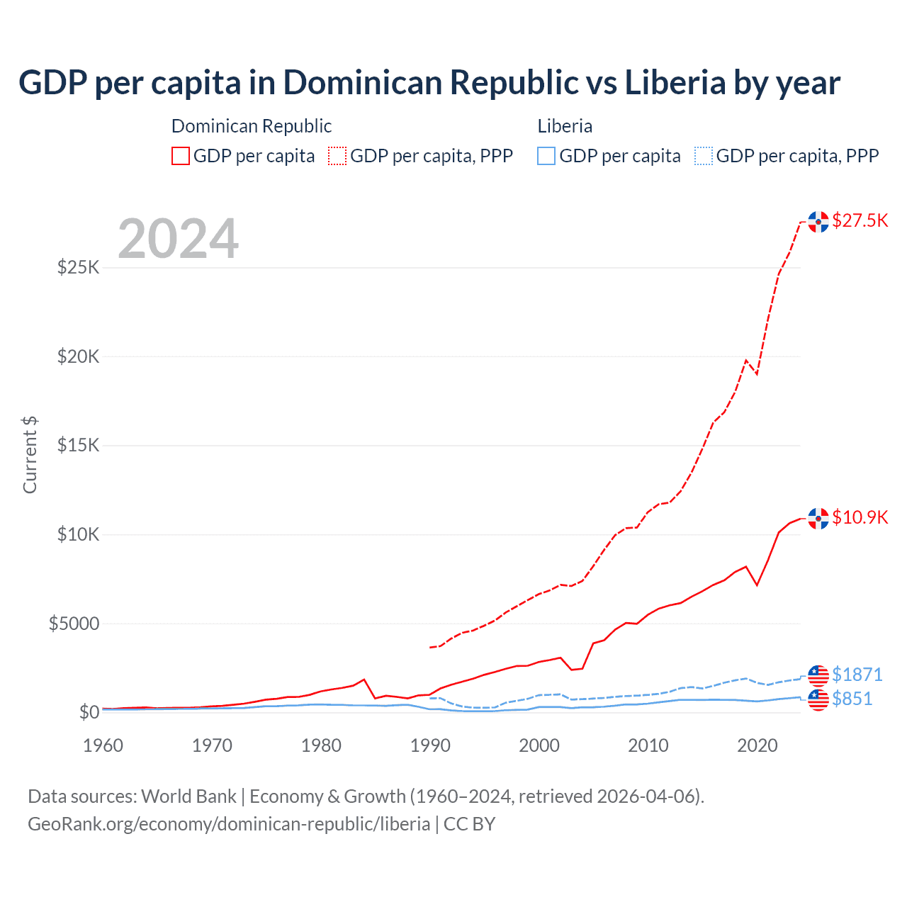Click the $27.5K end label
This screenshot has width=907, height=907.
[860, 220]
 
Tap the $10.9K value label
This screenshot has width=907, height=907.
[860, 517]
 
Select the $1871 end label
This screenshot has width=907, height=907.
[857, 674]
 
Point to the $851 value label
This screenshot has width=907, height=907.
[852, 699]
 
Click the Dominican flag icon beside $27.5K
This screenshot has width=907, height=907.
[818, 222]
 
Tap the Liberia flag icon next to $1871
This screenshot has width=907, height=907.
[818, 675]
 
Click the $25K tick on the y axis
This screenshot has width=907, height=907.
[78, 268]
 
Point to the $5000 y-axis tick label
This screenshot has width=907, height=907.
[74, 624]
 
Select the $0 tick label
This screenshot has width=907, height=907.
[89, 712]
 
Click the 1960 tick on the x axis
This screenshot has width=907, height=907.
[103, 745]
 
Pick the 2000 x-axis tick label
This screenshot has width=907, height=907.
[539, 745]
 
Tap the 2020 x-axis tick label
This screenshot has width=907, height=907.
[757, 745]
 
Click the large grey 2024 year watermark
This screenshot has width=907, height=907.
[178, 239]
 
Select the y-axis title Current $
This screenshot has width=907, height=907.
[30, 455]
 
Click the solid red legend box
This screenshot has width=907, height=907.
[181, 156]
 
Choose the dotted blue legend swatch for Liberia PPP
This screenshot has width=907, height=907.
[704, 156]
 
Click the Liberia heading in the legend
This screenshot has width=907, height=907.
[565, 126]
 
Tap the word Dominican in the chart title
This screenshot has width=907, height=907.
[366, 82]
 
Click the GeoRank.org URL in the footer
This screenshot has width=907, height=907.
[229, 824]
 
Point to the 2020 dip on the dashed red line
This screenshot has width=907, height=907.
[757, 373]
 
